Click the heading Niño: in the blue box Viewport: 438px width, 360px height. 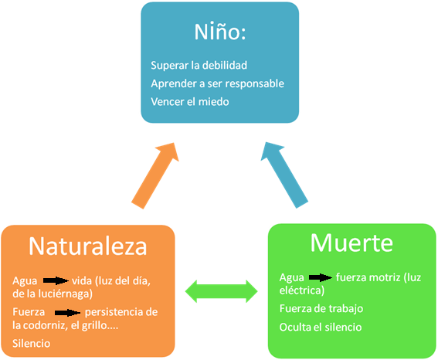click(220, 32)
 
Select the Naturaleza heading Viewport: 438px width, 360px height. click(88, 246)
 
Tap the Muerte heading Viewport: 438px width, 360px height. click(351, 243)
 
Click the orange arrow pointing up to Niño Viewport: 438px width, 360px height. click(155, 175)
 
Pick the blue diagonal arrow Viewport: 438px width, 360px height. click(284, 175)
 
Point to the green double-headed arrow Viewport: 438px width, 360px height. click(221, 291)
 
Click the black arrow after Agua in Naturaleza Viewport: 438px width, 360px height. click(56, 280)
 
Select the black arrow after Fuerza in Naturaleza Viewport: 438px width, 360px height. click(68, 313)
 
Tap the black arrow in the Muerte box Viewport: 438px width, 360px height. click(321, 277)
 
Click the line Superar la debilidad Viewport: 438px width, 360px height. click(199, 66)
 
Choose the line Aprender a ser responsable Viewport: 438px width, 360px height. click(217, 83)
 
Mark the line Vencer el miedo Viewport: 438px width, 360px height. click(190, 102)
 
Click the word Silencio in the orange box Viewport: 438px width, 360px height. click(31, 343)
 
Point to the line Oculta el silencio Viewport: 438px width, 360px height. click(321, 327)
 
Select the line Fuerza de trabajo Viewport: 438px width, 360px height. click(321, 308)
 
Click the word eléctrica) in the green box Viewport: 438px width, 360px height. click(302, 290)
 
